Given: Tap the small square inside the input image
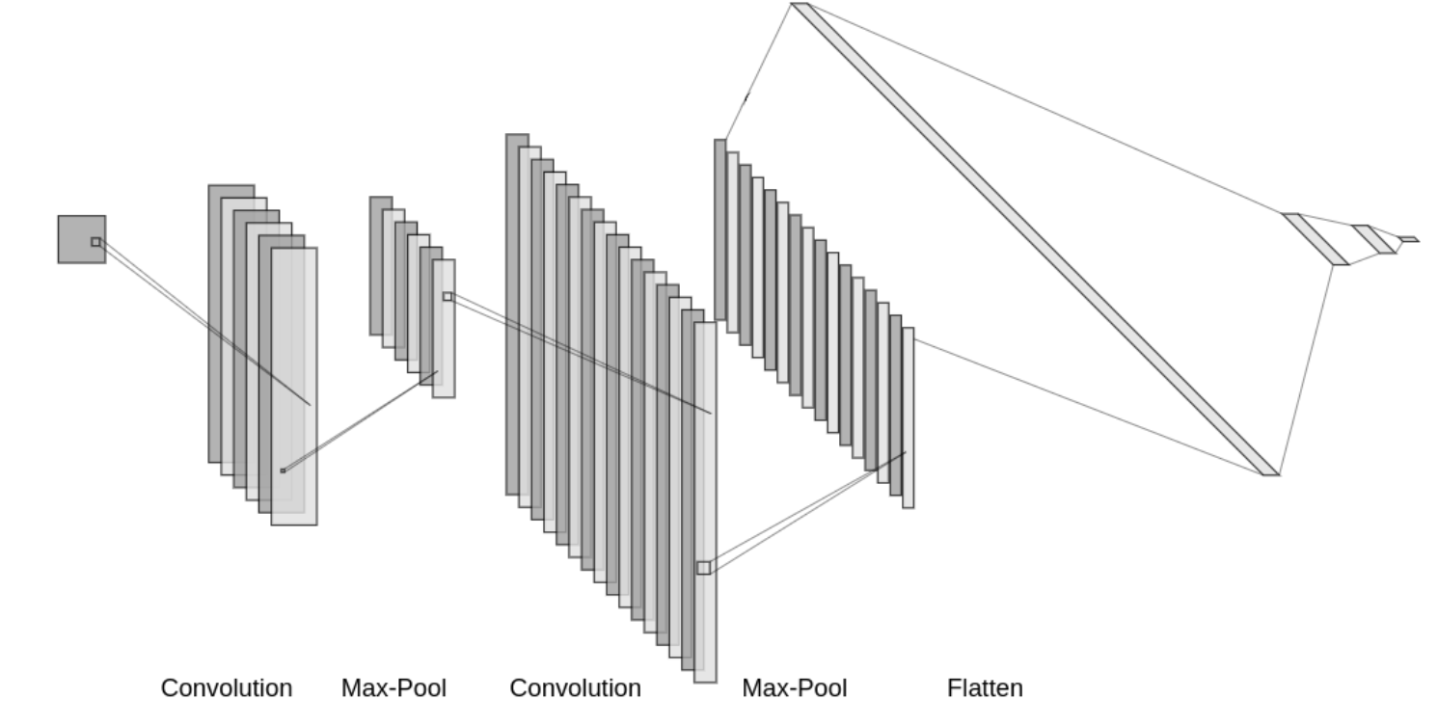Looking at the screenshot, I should point(95,242).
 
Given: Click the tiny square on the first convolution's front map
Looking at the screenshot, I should point(283,471).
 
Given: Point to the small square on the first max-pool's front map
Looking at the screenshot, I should point(448,296).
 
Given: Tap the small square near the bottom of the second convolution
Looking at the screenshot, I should point(703,568).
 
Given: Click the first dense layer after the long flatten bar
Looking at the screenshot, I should point(1315,238).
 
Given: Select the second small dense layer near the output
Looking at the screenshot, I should point(1373,239).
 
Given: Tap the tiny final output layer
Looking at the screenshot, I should point(1408,239).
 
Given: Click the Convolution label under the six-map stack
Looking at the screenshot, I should point(226,688).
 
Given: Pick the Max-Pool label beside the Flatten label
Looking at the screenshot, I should point(794,688).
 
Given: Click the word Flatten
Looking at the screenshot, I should point(984,688).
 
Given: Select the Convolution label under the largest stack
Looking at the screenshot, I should point(575,688).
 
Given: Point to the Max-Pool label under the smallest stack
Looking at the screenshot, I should point(393,688).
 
